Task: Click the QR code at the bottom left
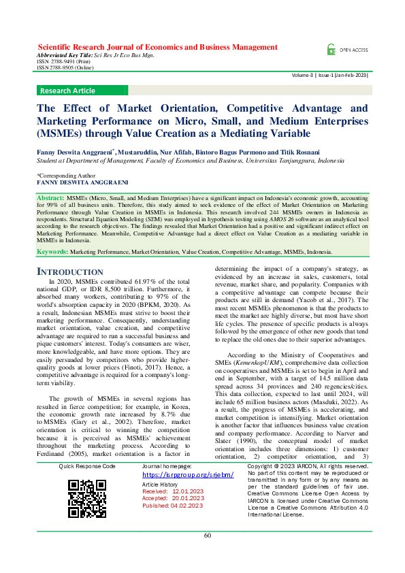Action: pyautogui.click(x=87, y=499)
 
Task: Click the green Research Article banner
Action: pyautogui.click(x=68, y=91)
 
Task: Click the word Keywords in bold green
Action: pyautogui.click(x=52, y=252)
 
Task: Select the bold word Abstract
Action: pyautogui.click(x=51, y=197)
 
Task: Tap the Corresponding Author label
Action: pyautogui.click(x=67, y=175)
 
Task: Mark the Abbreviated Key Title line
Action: pyautogui.click(x=95, y=56)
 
